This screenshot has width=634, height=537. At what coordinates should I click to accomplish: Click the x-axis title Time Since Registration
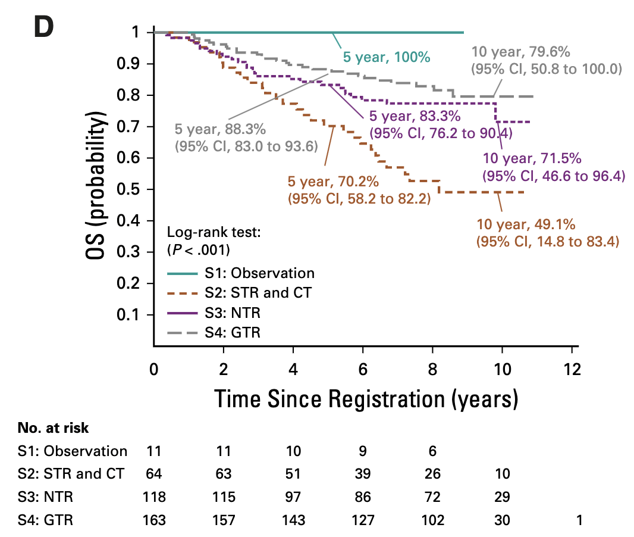coord(365,398)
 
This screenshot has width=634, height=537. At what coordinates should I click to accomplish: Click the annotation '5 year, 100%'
coord(386,57)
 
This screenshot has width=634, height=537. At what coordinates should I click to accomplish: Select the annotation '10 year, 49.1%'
coord(526,225)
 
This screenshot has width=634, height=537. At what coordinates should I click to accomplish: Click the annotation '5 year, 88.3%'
coord(220,129)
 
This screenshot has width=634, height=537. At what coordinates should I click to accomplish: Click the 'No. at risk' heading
coord(53,427)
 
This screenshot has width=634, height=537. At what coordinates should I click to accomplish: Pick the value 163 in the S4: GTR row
coord(153,520)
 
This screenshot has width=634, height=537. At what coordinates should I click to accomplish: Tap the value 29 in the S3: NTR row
coord(502,497)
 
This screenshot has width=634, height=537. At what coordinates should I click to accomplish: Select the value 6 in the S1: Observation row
coord(432,451)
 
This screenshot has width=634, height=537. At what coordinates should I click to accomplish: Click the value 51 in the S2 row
coord(293,474)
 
